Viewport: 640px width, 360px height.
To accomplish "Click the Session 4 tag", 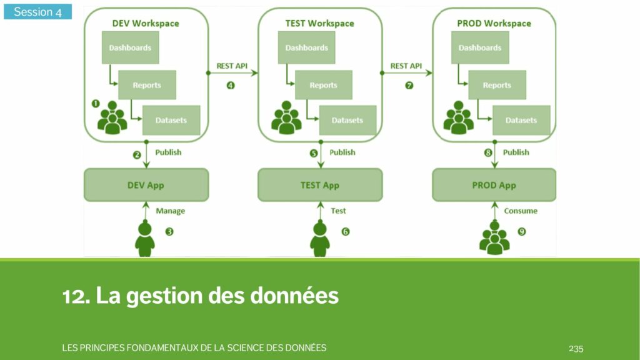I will [x=37, y=12].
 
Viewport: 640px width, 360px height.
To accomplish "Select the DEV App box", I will [x=146, y=185].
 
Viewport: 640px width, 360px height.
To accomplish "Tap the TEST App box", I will [x=320, y=185].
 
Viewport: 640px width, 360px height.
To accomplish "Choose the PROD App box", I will [x=494, y=185].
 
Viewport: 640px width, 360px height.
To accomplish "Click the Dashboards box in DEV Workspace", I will [x=130, y=47].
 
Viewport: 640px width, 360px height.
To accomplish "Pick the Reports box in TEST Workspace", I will [x=323, y=85].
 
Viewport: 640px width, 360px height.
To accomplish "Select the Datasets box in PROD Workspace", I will [x=521, y=120].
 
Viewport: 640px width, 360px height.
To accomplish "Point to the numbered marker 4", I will [x=230, y=86].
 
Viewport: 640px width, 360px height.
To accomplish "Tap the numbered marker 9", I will [x=522, y=232].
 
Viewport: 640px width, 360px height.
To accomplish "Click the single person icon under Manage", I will [x=145, y=238].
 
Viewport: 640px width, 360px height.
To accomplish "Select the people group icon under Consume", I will [x=494, y=238].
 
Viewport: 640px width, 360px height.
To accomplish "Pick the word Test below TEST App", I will [x=338, y=211].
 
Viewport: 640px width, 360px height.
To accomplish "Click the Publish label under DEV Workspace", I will [x=168, y=152].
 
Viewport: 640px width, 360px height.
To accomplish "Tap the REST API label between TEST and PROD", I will [x=406, y=66].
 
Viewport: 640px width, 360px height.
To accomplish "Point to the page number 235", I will [x=576, y=348].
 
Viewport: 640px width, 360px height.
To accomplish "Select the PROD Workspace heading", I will [x=494, y=23].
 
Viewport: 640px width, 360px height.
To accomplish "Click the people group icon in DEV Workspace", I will [x=112, y=117].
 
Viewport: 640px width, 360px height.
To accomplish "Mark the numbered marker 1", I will [x=96, y=103].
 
